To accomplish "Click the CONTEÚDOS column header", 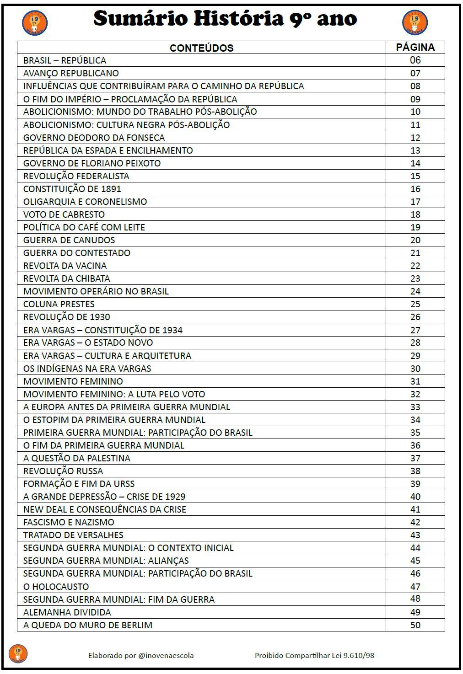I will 201,48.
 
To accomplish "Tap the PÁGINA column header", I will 415,47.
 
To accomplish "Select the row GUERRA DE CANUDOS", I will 69,240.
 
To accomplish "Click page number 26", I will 415,317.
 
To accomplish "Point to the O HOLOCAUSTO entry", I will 56,587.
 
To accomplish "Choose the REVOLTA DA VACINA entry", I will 65,266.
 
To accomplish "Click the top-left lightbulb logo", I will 35,23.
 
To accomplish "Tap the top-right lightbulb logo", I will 415,23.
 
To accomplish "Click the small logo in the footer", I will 18,654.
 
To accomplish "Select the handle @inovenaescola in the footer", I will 166,655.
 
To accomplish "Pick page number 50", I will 415,625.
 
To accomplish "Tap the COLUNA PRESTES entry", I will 59,304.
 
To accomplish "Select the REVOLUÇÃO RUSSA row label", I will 63,471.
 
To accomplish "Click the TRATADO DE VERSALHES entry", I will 73,535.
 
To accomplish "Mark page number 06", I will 415,60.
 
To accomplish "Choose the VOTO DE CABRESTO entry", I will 64,214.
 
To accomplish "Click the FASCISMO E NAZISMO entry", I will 69,522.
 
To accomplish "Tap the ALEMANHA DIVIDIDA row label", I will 67,612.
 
